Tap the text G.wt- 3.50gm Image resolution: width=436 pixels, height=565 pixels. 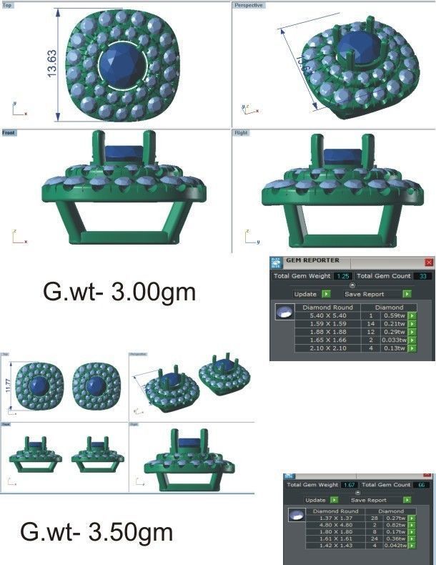(97, 532)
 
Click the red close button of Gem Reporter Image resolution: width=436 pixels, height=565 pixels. (429, 262)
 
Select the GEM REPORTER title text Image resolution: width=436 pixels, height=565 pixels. (312, 261)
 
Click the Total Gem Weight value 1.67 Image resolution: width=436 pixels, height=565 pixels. (349, 485)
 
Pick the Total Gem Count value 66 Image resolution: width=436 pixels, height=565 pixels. (423, 485)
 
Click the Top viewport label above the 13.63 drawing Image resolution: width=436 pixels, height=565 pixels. (8, 5)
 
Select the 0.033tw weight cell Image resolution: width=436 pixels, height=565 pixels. (393, 340)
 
